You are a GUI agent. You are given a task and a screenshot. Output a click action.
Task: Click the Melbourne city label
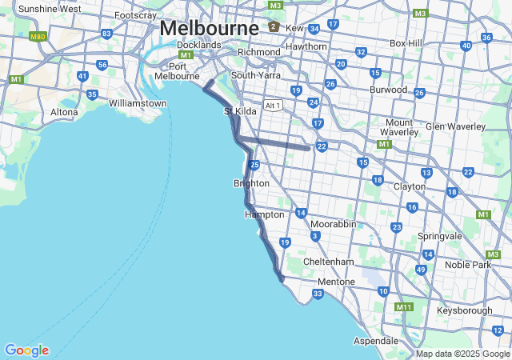point(209,27)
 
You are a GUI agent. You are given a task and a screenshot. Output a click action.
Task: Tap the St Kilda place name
point(240,111)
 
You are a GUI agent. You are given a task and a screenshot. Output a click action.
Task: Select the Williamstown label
point(138,103)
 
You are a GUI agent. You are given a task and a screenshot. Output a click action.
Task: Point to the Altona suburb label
point(64,112)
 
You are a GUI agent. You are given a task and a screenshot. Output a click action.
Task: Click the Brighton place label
point(251,183)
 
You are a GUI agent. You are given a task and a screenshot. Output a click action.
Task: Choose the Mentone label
point(336,282)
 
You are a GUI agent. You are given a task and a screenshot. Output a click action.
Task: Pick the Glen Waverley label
point(455,126)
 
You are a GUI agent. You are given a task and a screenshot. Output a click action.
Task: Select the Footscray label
point(135,15)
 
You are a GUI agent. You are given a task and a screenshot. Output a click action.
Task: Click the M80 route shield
point(37,37)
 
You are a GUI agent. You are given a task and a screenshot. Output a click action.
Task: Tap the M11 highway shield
point(404,306)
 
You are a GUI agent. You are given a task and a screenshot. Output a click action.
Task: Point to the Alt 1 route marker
point(274,105)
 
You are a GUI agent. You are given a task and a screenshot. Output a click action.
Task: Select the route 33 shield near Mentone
point(318,294)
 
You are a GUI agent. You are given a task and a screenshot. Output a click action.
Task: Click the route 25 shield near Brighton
point(254,165)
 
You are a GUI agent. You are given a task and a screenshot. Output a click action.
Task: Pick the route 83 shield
point(106,34)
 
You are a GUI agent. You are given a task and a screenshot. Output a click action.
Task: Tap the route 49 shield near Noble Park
point(421,270)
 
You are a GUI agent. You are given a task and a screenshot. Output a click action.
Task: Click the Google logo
point(26,350)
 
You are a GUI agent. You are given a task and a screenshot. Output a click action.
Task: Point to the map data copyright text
point(462,354)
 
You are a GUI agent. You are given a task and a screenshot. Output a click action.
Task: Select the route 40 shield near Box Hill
point(466,46)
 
